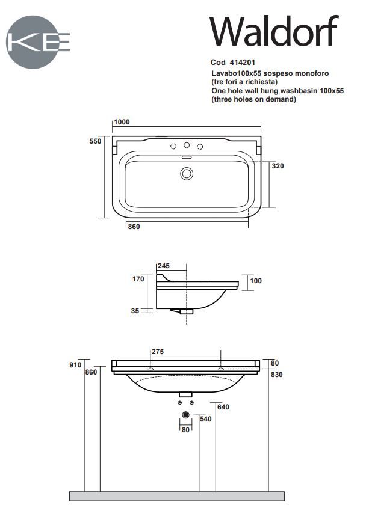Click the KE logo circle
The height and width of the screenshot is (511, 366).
[x=33, y=42]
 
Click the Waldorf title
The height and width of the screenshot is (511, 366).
[x=273, y=31]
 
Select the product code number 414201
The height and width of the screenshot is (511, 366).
[x=243, y=63]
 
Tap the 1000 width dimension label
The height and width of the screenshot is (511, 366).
[x=122, y=122]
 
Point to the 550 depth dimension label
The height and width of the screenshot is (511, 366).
[x=95, y=141]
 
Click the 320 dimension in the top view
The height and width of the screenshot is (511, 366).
[x=278, y=166]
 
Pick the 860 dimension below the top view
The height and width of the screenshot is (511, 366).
[x=134, y=227]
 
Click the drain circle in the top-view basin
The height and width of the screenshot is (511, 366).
[x=187, y=174]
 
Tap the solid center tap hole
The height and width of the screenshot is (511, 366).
[x=187, y=145]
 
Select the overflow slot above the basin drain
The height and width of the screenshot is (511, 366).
[x=187, y=158]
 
